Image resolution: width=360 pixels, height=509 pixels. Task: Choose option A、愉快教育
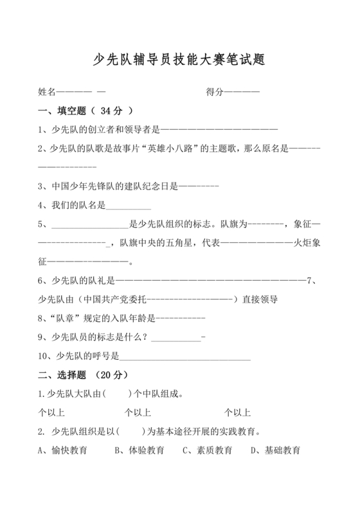pyautogui.click(x=63, y=450)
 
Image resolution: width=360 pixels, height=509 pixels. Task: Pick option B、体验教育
pyautogui.click(x=139, y=450)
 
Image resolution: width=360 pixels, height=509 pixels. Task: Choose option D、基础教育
pyautogui.click(x=275, y=450)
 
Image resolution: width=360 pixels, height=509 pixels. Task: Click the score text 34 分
pyautogui.click(x=112, y=111)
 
